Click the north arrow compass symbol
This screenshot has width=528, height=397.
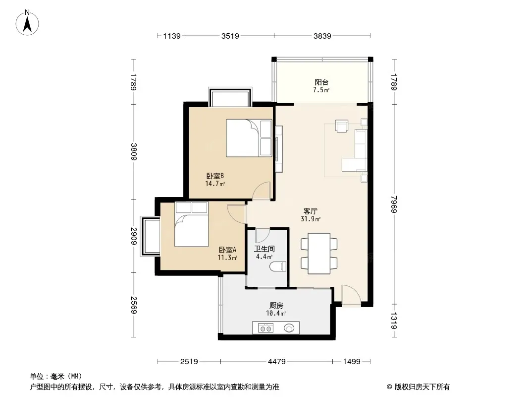[x=27, y=23]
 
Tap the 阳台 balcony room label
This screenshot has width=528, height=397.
[x=321, y=82]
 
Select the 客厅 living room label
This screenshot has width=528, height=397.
[x=310, y=211]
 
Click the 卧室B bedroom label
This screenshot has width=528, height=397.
[x=215, y=176]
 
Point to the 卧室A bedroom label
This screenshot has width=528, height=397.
[x=227, y=250]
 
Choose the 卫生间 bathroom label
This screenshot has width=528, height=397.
[x=264, y=249]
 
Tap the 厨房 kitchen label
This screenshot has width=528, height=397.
[x=276, y=306]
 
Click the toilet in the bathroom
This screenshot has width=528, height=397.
[x=278, y=267]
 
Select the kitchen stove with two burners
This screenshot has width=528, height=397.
[x=265, y=328]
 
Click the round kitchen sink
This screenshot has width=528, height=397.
[x=289, y=328]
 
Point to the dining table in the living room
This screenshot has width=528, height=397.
[x=319, y=253]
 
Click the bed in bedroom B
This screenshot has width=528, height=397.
[x=249, y=137]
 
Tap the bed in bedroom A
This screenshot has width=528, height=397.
[x=191, y=224]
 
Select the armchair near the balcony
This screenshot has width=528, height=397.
[x=341, y=126]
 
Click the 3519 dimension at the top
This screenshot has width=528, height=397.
[x=230, y=36]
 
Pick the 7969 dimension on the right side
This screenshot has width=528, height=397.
[x=394, y=204]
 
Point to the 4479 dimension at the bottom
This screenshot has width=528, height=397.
[x=276, y=362]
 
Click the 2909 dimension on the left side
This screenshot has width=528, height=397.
[x=134, y=236]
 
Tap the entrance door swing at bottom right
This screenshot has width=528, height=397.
[x=351, y=295]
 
